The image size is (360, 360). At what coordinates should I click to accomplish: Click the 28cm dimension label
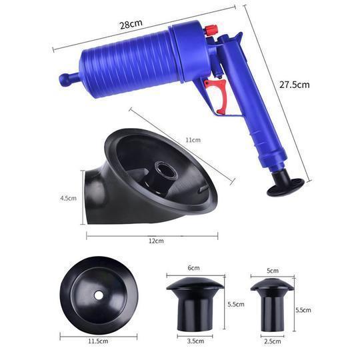[131, 24]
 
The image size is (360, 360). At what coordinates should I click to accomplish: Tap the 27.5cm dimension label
[295, 85]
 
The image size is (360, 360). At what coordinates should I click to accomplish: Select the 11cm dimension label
[193, 140]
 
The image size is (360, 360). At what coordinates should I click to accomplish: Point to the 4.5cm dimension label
[68, 198]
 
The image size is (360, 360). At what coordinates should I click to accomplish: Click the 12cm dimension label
[156, 241]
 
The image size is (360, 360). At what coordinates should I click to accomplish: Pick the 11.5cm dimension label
[98, 341]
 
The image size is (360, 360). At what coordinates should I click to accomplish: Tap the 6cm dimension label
[194, 268]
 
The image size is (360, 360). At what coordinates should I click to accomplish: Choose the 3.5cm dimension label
[195, 341]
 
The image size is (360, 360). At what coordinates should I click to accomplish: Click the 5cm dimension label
[273, 271]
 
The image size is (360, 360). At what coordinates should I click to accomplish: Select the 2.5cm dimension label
[272, 341]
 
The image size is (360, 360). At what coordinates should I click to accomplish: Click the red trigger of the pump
[219, 94]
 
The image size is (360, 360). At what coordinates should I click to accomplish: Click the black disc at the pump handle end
[285, 187]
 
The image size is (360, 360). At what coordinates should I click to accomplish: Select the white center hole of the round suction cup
[99, 295]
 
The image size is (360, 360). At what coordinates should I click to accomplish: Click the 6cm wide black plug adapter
[195, 304]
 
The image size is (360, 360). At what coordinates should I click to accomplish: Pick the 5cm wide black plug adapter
[272, 305]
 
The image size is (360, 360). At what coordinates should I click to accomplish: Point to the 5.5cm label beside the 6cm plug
[236, 304]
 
